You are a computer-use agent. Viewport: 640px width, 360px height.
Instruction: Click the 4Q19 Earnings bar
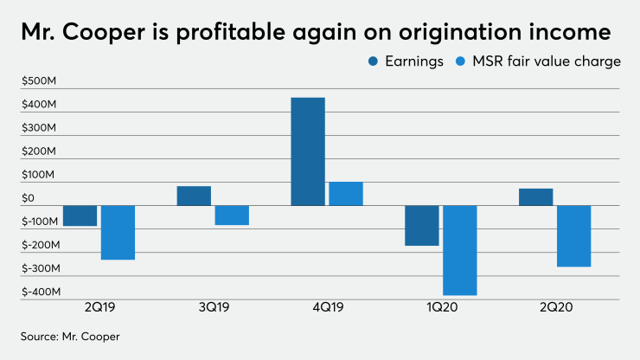[308, 151]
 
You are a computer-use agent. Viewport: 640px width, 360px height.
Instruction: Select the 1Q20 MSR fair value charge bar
[459, 250]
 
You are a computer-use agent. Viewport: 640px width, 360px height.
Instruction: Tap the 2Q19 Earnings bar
[80, 215]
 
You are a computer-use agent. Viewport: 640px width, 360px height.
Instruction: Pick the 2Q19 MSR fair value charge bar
[118, 232]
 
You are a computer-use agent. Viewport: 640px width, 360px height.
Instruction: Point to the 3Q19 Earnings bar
[194, 196]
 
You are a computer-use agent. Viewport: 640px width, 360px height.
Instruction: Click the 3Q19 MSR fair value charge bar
[232, 215]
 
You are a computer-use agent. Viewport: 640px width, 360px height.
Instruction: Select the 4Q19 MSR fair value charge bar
[346, 193]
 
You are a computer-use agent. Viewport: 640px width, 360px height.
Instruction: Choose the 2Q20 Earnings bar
[535, 196]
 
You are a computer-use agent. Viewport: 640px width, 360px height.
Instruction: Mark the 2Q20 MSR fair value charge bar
[573, 235]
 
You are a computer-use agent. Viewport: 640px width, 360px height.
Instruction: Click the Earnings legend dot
[373, 61]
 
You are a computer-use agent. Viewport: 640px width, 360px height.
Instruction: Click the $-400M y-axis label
[39, 292]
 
